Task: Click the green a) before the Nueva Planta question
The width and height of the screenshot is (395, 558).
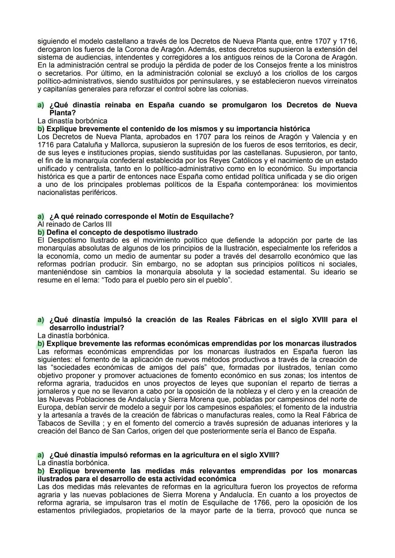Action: [x=41, y=105]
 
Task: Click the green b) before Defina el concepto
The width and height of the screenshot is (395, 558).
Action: [x=41, y=232]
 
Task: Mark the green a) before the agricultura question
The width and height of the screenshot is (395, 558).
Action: [x=41, y=455]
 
